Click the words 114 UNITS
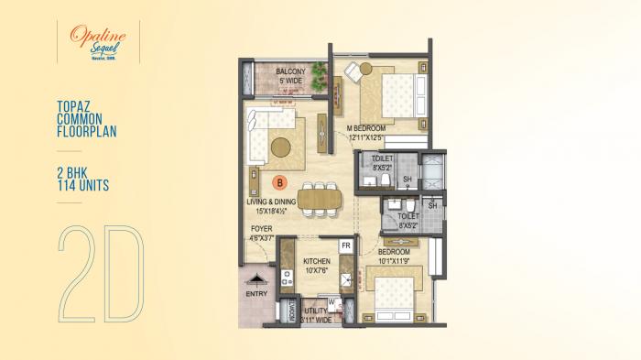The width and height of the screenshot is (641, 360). [82, 186]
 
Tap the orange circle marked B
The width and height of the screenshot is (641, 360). [280, 183]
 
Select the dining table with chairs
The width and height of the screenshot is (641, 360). [318, 198]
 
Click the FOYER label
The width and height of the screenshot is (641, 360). [261, 228]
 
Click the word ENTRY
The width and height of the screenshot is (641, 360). [258, 293]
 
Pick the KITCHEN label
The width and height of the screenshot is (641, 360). [317, 261]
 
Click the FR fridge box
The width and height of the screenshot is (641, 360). [346, 246]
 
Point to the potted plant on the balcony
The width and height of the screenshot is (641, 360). [319, 72]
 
